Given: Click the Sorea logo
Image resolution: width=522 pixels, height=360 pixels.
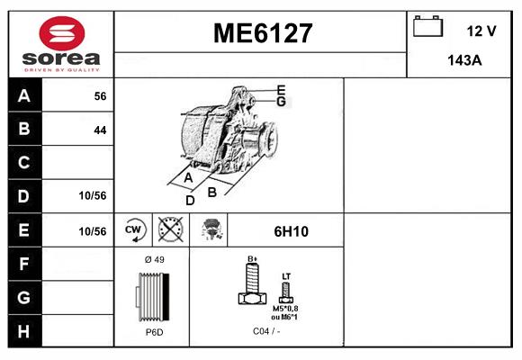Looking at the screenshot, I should pos(60,44).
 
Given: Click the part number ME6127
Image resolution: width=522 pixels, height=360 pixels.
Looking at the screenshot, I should pos(262,34).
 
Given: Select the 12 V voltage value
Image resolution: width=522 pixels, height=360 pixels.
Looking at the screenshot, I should pos(481,31).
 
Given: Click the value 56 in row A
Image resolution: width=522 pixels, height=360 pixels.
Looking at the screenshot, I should pos(100,95).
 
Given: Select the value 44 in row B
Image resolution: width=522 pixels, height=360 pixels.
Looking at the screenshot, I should pos(100,130).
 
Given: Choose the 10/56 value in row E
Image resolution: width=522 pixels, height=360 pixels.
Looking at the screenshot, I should pos(93,231).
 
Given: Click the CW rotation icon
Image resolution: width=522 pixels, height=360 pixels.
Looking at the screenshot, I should pos(134,230).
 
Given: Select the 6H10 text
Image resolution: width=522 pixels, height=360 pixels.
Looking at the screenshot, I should pos(291,231).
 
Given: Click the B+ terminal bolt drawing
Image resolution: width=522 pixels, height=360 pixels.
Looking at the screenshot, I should pos(253,287).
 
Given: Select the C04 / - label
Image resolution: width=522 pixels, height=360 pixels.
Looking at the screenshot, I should pos(265,332).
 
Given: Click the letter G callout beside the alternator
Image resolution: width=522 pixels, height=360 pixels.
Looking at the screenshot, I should pos(281,101).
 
